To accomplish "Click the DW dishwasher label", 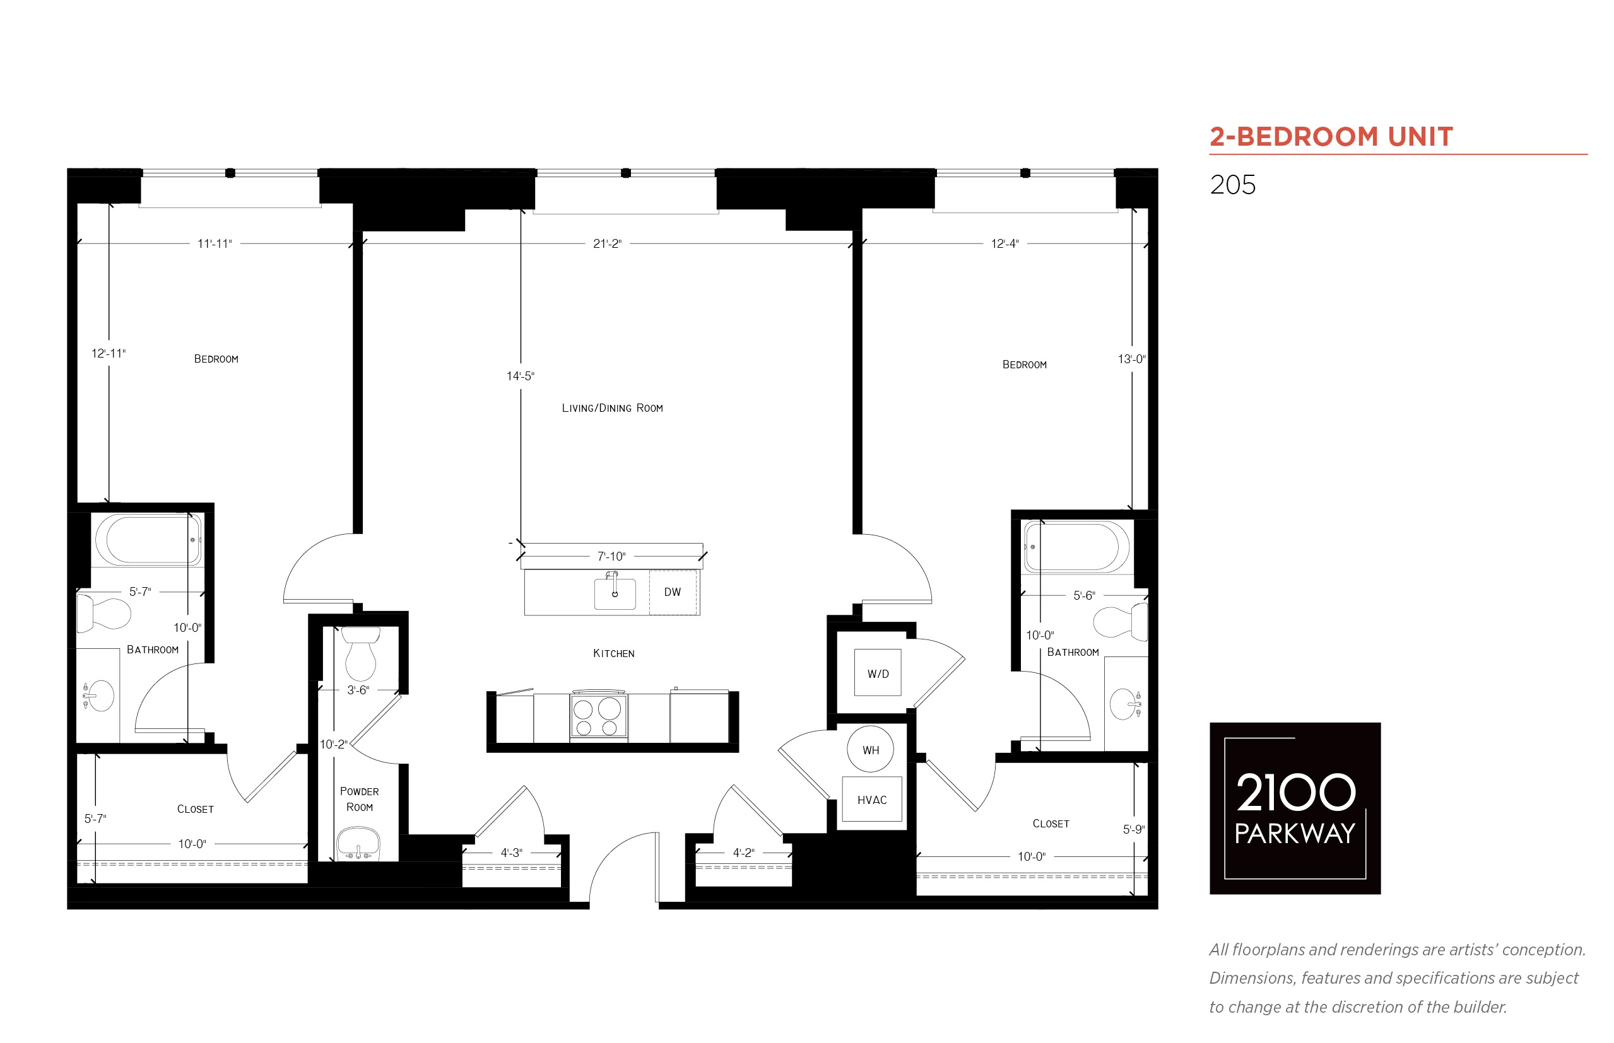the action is tap(671, 592).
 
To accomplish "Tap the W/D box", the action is tap(878, 673).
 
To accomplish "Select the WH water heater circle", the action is tap(871, 749).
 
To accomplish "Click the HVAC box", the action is tap(871, 799).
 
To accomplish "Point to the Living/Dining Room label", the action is tap(612, 408).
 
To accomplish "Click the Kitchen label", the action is tap(613, 653).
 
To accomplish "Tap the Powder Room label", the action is tap(359, 799).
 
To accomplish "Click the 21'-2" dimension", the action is tap(607, 244).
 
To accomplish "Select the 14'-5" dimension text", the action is tap(521, 376).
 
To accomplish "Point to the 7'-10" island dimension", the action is tap(611, 556).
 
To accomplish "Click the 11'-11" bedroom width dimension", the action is tap(215, 244).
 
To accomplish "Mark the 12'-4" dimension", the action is tap(1004, 244).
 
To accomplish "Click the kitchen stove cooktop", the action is tap(598, 716).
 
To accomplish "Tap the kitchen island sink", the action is tap(615, 593).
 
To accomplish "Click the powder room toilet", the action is tap(360, 653).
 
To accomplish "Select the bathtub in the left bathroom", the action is tap(148, 540).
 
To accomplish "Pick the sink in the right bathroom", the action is tap(1126, 704).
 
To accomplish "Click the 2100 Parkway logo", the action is tap(1295, 808).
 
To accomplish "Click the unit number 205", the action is tap(1232, 185).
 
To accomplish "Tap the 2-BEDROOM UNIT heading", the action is tap(1331, 137).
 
